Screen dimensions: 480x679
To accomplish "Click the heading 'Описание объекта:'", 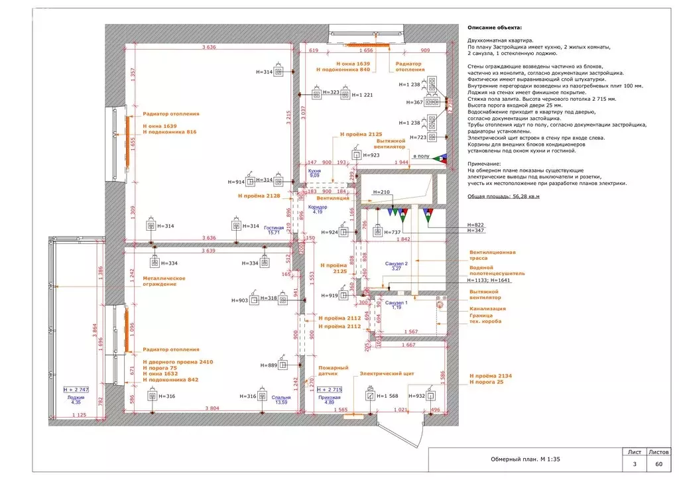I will [494, 28].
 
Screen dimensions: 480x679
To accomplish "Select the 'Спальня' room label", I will [281, 397].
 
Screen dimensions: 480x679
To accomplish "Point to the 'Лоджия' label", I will [76, 397].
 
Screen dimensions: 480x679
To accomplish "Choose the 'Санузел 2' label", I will [397, 264].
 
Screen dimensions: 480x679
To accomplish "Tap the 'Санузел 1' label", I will [397, 303].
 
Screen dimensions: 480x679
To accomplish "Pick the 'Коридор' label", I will [318, 207].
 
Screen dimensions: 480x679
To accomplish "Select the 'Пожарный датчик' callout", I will [333, 372].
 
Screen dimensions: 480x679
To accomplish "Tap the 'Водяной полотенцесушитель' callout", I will [497, 270].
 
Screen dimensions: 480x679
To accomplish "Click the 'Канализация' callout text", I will [488, 308].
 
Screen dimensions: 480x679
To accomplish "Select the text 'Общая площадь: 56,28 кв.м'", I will [504, 197].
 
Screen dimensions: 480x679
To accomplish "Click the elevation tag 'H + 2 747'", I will [76, 389].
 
